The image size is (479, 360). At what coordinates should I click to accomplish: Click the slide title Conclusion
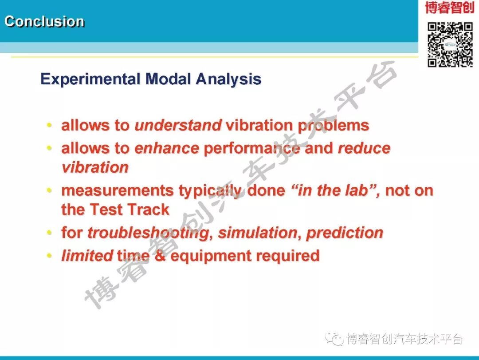click(44, 21)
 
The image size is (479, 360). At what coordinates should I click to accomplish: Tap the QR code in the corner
click(450, 44)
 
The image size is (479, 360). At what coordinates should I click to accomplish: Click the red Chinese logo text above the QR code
click(449, 8)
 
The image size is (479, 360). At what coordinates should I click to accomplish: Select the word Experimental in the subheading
click(90, 79)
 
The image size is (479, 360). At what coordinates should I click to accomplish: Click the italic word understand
click(178, 125)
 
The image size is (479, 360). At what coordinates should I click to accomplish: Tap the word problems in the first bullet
click(333, 126)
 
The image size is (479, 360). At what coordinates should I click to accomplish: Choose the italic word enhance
click(167, 148)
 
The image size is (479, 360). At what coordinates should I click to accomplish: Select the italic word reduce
click(364, 148)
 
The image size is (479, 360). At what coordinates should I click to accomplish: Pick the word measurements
click(118, 190)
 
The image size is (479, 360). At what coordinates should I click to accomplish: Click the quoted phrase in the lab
click(335, 190)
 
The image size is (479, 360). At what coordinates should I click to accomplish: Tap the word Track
click(149, 210)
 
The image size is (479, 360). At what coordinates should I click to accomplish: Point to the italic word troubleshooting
click(149, 233)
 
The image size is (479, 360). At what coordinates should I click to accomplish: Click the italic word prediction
click(345, 233)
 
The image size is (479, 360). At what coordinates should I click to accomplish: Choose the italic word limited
click(87, 256)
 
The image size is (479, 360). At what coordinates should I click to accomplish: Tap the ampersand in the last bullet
click(160, 256)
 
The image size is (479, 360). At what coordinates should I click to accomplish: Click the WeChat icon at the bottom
click(334, 339)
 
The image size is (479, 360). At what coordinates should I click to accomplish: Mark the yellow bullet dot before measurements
click(49, 190)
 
